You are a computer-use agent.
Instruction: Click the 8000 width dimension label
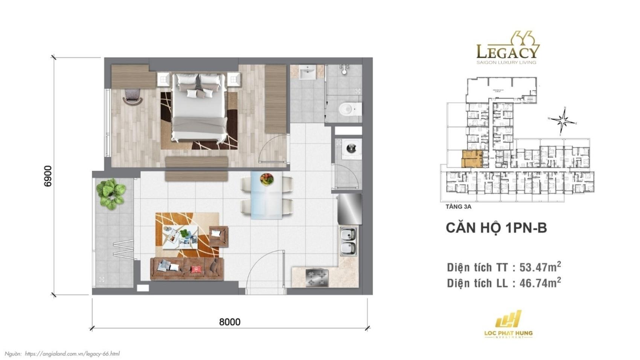point(230,322)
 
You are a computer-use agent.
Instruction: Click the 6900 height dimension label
point(48,176)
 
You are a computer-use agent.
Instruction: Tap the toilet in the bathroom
point(349,109)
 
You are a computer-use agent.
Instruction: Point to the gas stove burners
point(317,278)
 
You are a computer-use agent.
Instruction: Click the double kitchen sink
point(348,241)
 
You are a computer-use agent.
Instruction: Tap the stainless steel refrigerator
point(350,209)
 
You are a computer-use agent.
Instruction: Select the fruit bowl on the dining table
point(267,179)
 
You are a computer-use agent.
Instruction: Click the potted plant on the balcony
point(111,193)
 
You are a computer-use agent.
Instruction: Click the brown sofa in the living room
point(187,268)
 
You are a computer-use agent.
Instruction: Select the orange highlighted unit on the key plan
point(472,159)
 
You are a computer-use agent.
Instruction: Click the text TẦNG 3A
point(458,207)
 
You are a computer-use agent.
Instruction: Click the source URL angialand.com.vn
point(72,354)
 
